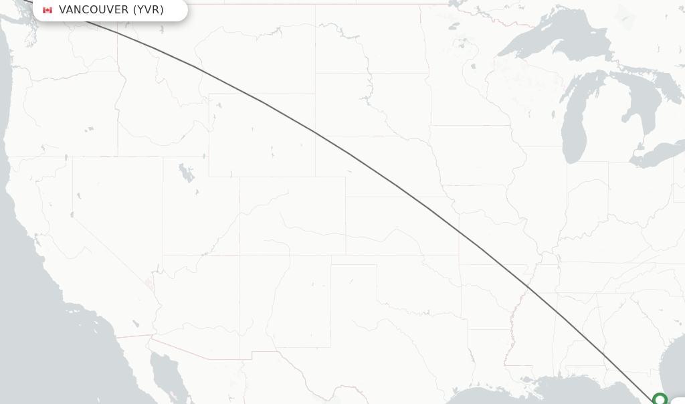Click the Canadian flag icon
47,10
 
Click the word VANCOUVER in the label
94,9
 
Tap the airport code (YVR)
148,9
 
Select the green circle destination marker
660,400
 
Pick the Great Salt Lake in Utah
185,173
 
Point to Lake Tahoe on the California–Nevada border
72,215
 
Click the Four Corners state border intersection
239,255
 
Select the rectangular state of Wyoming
262,134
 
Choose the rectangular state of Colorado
292,216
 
